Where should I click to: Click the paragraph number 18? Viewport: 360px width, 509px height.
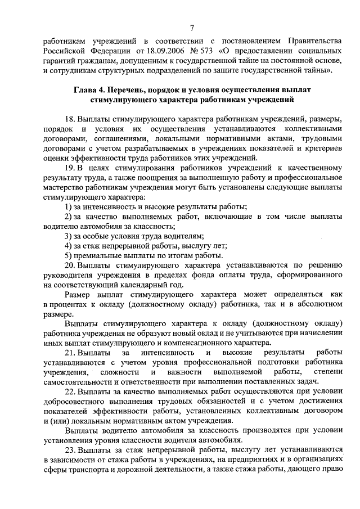[x=70, y=120]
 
